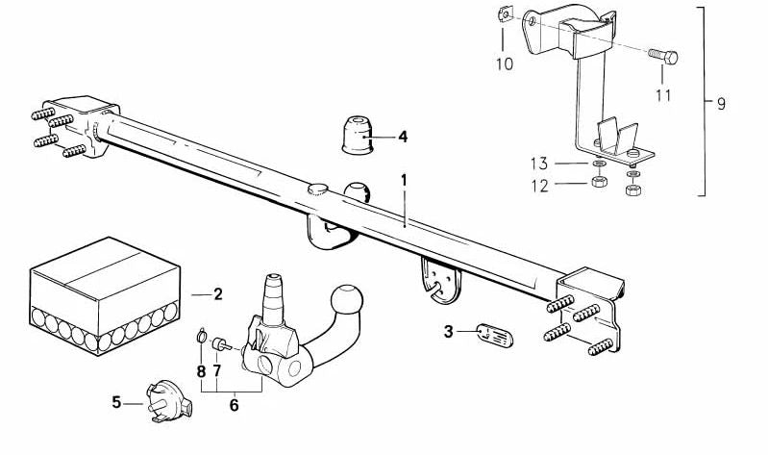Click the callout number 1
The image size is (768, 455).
(404, 181)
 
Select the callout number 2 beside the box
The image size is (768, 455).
(218, 294)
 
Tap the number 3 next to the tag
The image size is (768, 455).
(448, 332)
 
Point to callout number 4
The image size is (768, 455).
(403, 137)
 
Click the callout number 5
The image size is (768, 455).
(116, 402)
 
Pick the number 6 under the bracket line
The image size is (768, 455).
(235, 406)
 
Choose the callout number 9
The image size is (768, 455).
(721, 104)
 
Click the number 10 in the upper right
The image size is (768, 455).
(505, 63)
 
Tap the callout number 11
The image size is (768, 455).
(663, 95)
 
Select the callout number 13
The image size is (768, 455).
(539, 164)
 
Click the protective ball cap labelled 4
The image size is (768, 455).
(357, 135)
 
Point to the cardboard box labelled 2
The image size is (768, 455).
(105, 295)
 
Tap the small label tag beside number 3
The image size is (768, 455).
(495, 336)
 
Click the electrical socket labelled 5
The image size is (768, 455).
(169, 401)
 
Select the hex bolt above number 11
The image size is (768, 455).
(662, 56)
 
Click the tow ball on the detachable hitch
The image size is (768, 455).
(347, 299)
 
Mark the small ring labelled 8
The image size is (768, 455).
(201, 336)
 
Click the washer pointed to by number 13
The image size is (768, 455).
(598, 164)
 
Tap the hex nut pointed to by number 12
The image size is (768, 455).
(599, 181)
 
